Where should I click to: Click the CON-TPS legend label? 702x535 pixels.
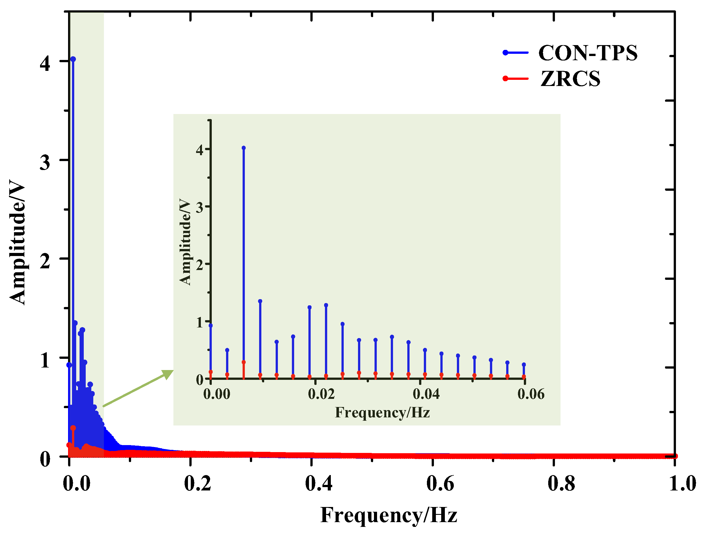point(588,53)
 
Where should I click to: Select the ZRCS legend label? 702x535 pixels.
point(570,79)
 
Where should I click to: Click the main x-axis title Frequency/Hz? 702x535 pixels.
point(389,515)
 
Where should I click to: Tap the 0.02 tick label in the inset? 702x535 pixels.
point(321,394)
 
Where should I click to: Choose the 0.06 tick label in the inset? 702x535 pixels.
point(531,394)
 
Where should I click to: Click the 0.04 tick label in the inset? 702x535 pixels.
point(426,394)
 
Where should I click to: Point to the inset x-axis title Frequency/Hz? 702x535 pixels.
point(382,413)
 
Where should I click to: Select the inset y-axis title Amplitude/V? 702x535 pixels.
point(185,242)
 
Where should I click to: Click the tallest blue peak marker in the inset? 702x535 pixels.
point(244,148)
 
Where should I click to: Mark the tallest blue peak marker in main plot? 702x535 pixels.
point(73,59)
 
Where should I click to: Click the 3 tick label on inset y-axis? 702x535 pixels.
point(200,208)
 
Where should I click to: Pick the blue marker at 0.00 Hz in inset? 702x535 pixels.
point(211,325)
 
